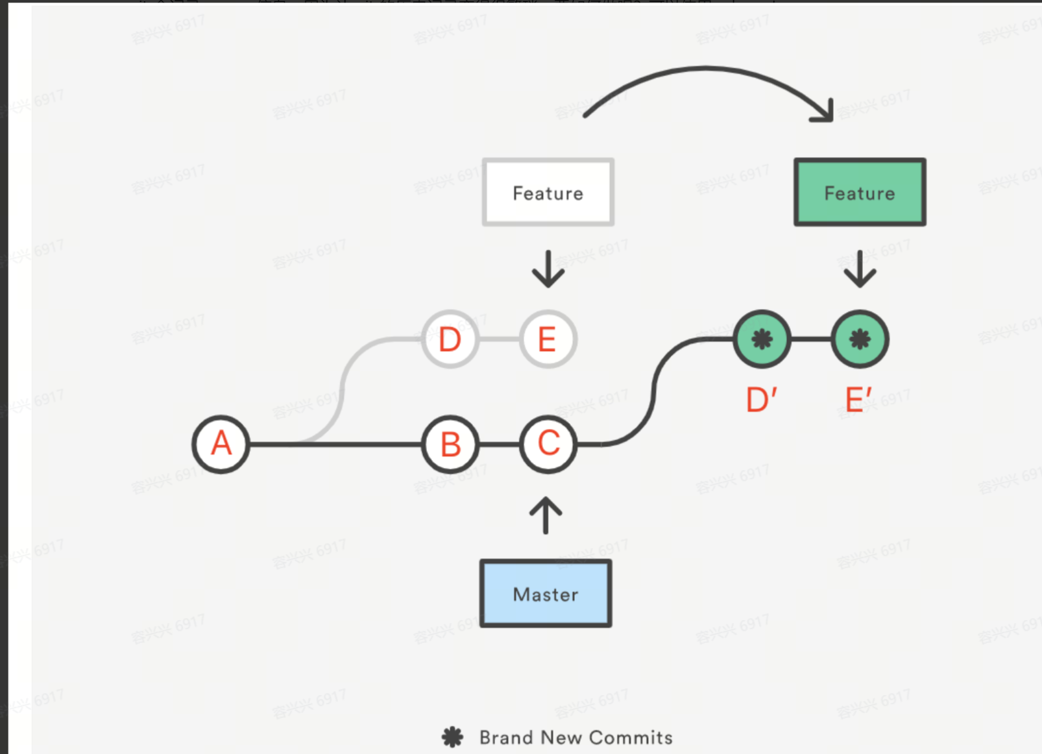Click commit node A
[221, 444]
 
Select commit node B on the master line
[450, 444]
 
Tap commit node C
[548, 444]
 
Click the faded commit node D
[450, 339]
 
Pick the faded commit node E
[548, 339]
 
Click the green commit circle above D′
[762, 339]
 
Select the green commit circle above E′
[860, 339]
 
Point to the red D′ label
[761, 400]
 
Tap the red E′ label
[858, 400]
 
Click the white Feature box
[548, 193]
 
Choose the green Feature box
[860, 193]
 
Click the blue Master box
[546, 594]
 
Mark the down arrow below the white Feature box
[548, 269]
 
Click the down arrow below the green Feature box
[860, 269]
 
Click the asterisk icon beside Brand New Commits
[452, 737]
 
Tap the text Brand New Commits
[576, 738]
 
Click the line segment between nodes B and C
[500, 444]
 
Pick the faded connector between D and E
[499, 339]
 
